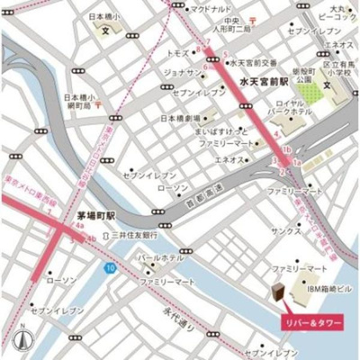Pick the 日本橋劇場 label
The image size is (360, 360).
179,118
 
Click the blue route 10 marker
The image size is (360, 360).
109,268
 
